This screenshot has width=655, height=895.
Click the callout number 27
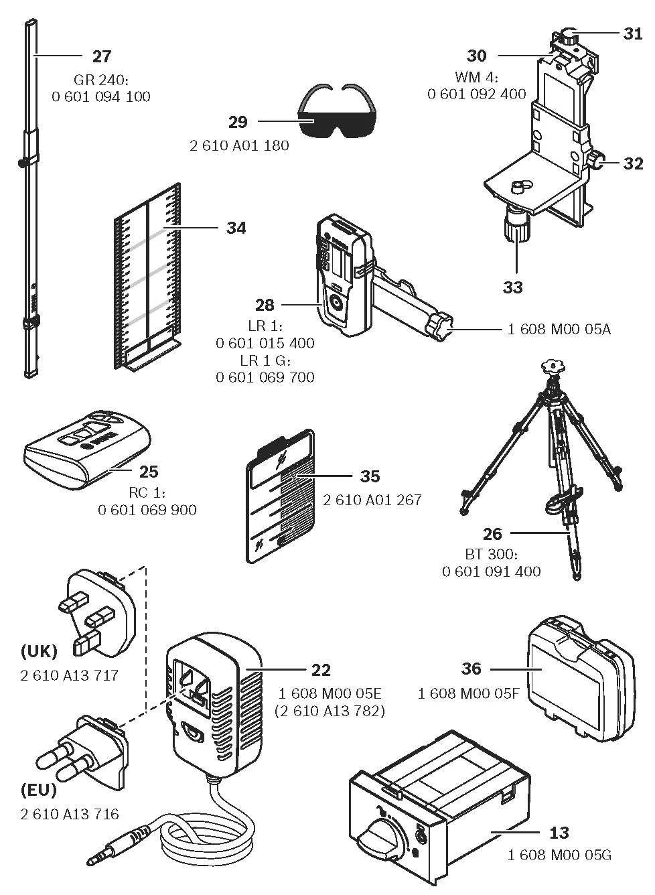point(102,56)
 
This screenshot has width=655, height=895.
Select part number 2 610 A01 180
point(239,145)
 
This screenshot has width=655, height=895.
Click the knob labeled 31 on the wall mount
point(569,36)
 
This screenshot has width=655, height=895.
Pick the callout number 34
point(236,228)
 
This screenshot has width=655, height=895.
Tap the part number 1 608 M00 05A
point(559,329)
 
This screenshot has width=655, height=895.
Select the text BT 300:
point(491,555)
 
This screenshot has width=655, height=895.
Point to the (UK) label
point(39,651)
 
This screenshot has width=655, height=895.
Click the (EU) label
point(38,790)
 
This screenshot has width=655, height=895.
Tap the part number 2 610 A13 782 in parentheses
point(330,711)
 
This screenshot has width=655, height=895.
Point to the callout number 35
point(370,476)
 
